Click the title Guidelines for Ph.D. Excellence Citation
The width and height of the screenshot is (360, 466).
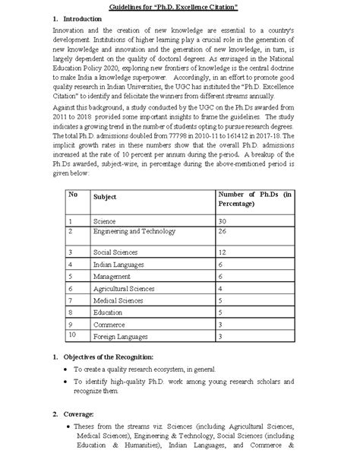[179, 8]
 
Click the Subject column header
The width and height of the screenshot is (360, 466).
[105, 196]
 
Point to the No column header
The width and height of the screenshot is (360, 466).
[74, 194]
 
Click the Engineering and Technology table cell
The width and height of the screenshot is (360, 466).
[125, 230]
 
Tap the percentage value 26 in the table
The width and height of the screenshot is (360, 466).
[223, 230]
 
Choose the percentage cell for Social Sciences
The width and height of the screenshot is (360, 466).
[223, 250]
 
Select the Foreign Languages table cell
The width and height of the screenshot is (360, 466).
[121, 336]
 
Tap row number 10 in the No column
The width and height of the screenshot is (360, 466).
[73, 334]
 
